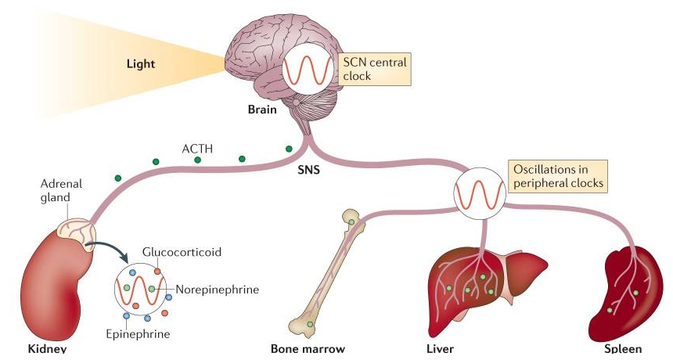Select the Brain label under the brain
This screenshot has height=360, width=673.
coord(261,110)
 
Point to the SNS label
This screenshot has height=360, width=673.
coord(311,167)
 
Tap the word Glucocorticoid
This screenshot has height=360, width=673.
coord(182,252)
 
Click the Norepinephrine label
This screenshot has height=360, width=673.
coord(217,290)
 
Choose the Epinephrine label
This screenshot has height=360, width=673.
coord(136,334)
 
